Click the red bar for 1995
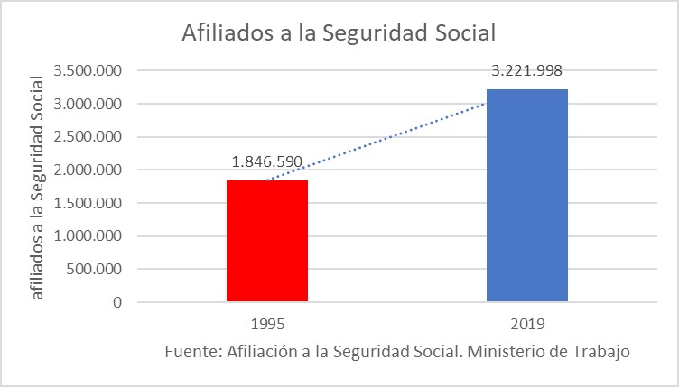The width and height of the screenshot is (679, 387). (267, 241)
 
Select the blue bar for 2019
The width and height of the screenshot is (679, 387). (527, 195)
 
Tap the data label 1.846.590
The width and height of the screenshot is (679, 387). (268, 162)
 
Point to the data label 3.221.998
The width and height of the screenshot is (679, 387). (527, 70)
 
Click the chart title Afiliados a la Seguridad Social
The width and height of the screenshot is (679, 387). (339, 33)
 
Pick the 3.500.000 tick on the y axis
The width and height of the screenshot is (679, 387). (88, 71)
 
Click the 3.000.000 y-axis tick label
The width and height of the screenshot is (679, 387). (88, 104)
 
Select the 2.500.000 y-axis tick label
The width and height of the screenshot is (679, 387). (88, 137)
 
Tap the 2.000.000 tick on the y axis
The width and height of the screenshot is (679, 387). (88, 170)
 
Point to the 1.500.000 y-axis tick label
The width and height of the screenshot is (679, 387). (88, 203)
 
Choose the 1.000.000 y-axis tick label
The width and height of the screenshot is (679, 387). (88, 236)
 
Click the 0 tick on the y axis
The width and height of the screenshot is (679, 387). (117, 302)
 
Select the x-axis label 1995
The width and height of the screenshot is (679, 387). (267, 322)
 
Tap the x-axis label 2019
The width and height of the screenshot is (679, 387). (527, 322)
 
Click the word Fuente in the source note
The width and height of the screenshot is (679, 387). (190, 351)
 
